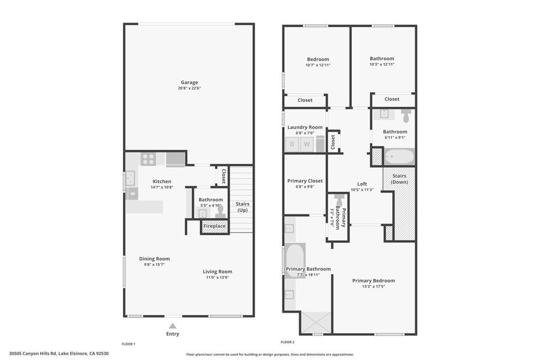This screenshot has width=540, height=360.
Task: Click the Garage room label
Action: click(189, 82)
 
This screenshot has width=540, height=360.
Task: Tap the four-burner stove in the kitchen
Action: click(148, 159)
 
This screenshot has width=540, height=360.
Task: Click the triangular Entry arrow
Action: click(172, 326)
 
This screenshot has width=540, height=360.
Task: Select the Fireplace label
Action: click(215, 226)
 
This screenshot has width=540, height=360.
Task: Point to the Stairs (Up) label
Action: click(242, 207)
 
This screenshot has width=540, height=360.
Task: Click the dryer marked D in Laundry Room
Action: click(292, 144)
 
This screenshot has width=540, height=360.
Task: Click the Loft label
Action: click(362, 184)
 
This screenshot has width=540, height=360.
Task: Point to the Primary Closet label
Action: click(305, 181)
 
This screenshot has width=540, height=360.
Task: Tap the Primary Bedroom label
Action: click(373, 280)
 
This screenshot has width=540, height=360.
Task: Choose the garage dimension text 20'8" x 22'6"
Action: click(189, 89)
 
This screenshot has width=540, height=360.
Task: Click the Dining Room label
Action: click(155, 259)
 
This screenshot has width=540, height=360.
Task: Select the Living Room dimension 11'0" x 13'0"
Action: click(217, 278)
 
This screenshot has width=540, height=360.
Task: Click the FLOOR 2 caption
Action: click(287, 342)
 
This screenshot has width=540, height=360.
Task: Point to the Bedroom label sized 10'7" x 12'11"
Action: click(318, 59)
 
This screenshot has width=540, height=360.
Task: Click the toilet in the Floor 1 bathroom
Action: click(220, 211)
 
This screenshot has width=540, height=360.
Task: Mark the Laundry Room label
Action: click(305, 127)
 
